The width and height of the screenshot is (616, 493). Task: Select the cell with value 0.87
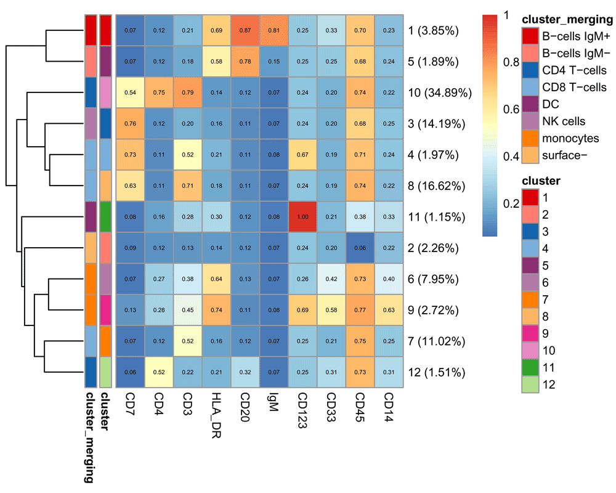tap(246, 30)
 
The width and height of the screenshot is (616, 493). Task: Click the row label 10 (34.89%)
tap(440, 93)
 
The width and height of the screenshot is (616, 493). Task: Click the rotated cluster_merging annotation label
tap(90, 437)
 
